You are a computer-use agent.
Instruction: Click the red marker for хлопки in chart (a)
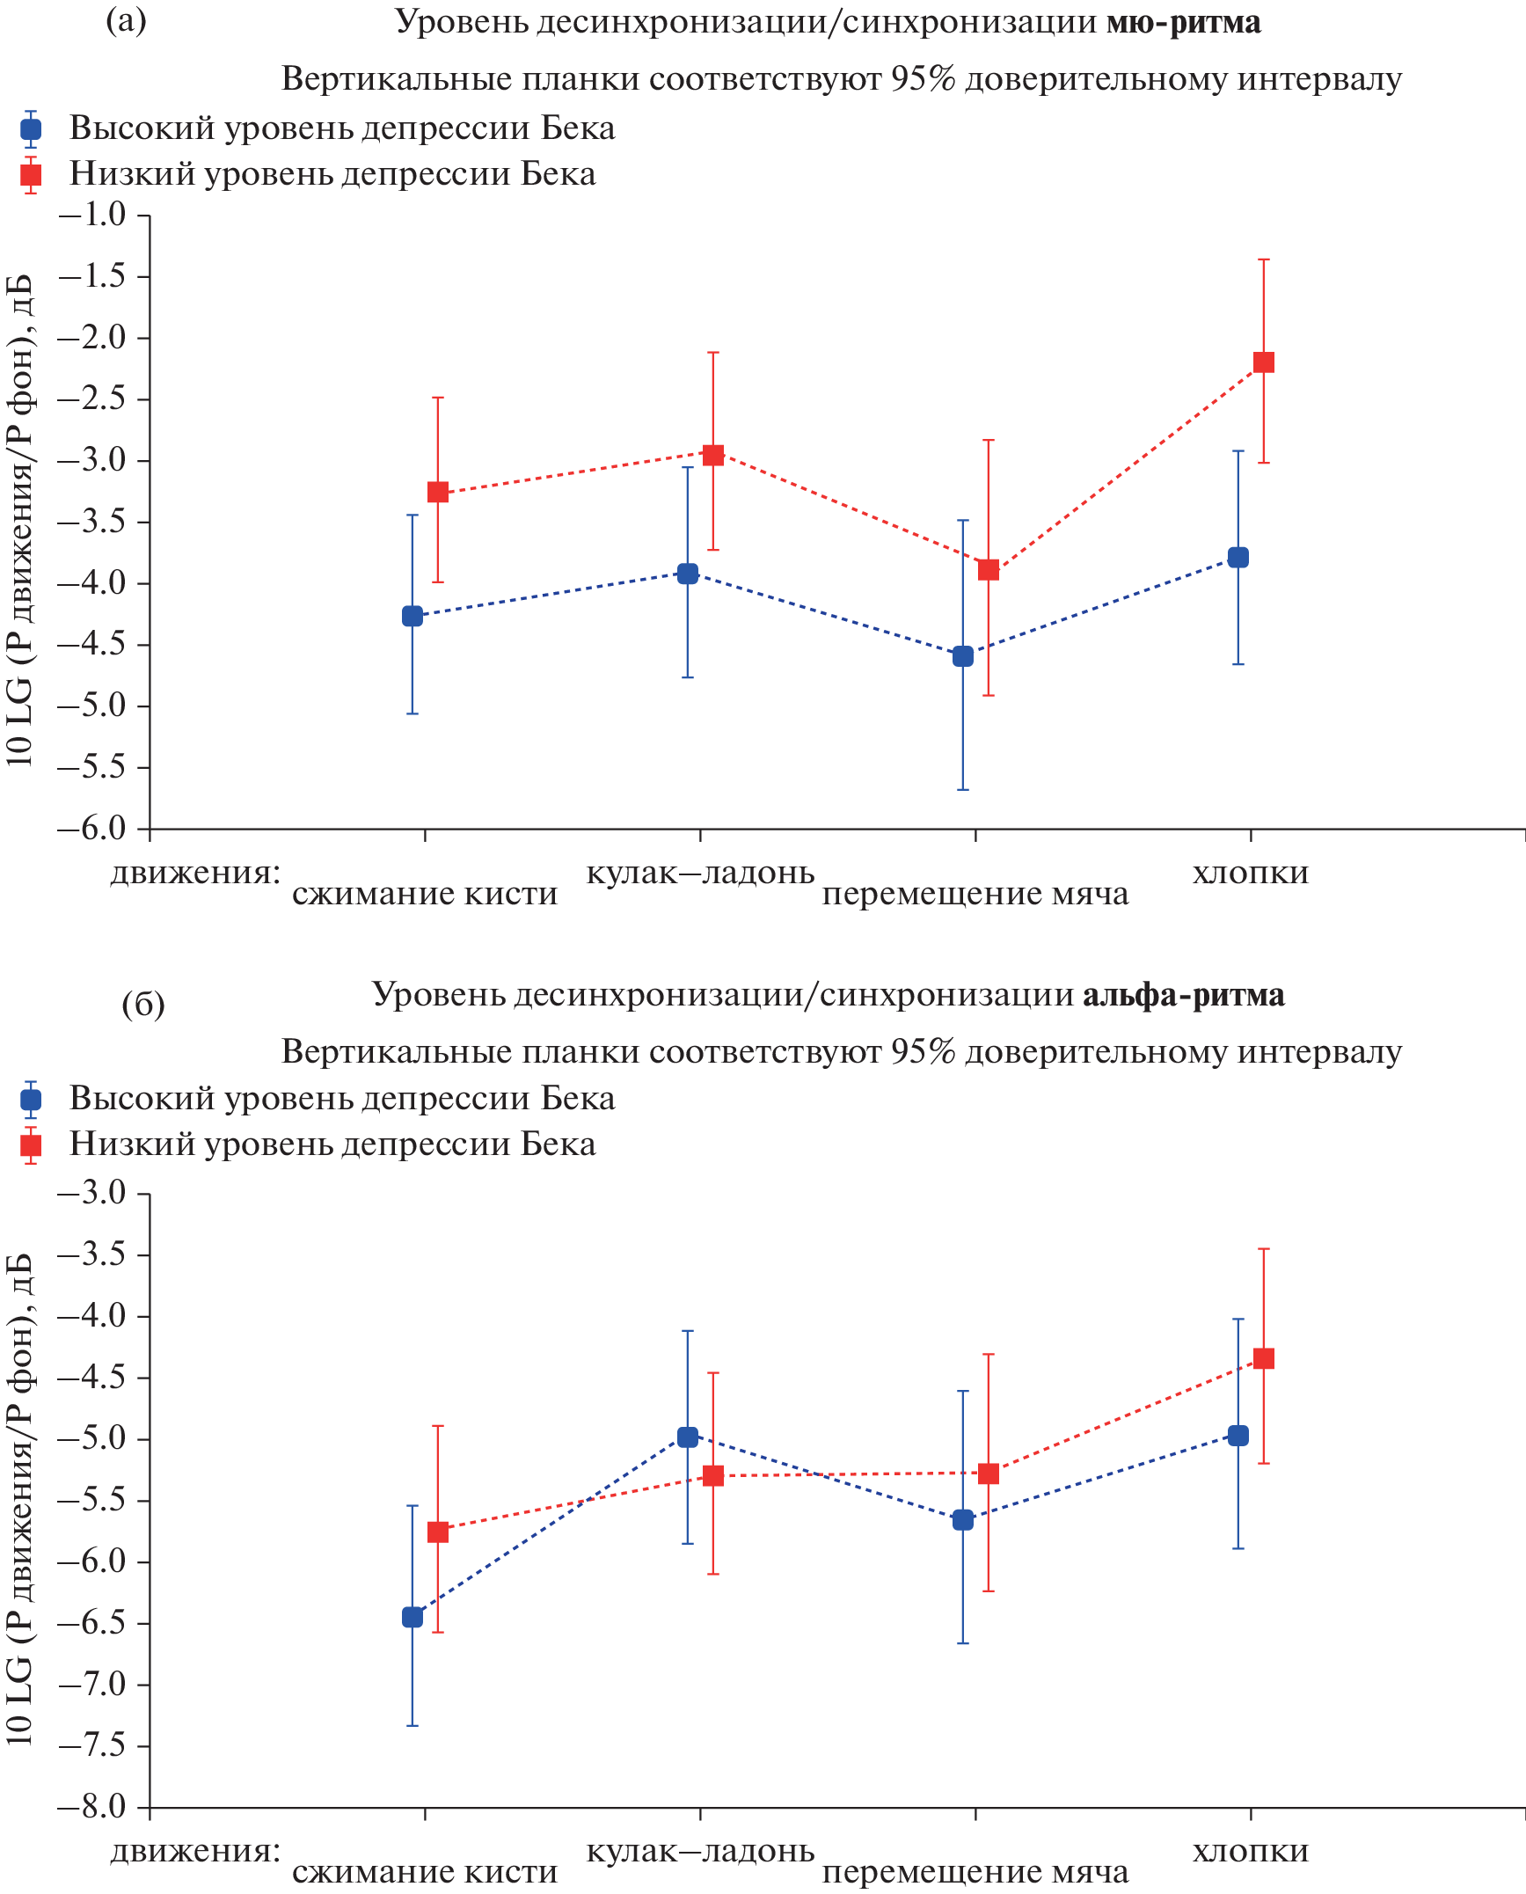(x=1264, y=362)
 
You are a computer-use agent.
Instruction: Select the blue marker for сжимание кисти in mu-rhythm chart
(x=413, y=616)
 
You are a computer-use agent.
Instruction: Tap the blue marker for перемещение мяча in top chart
(x=963, y=656)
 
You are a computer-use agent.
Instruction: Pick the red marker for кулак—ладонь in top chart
(x=713, y=455)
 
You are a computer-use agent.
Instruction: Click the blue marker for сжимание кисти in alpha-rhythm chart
(x=413, y=1617)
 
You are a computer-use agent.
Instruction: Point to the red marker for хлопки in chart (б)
(x=1264, y=1358)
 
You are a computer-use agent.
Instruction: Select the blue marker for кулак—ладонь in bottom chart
(x=688, y=1437)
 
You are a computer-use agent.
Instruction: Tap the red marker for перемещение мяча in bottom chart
(x=989, y=1474)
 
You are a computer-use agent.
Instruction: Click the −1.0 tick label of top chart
(x=92, y=215)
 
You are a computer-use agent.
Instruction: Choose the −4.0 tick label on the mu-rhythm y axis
(x=92, y=583)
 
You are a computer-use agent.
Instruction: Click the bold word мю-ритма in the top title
(x=1183, y=22)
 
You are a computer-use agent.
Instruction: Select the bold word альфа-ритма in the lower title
(x=1183, y=995)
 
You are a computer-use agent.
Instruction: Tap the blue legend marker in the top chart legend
(x=31, y=129)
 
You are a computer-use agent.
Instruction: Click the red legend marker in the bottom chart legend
(x=31, y=1144)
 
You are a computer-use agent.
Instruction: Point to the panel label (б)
(x=143, y=1004)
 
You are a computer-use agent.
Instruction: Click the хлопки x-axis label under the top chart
(x=1251, y=873)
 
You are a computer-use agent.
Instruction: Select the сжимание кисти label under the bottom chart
(x=425, y=1872)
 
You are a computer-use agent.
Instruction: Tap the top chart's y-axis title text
(x=19, y=519)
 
